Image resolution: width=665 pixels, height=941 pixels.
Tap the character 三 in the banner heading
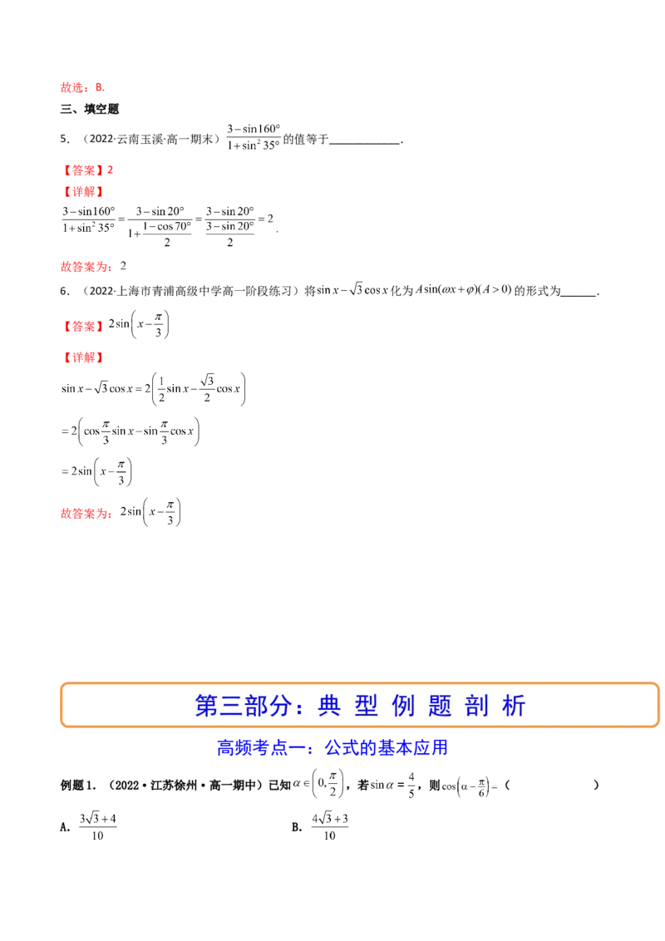pos(231,706)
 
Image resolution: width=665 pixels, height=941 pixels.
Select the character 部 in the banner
pos(256,706)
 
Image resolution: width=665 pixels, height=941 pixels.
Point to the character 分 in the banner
pos(281,706)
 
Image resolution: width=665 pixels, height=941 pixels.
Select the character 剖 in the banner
pos(477,706)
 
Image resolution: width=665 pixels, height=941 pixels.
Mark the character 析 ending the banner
pos(515,706)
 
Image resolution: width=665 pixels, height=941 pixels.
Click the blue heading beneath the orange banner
pos(332,748)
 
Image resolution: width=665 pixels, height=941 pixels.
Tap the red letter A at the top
pos(99,86)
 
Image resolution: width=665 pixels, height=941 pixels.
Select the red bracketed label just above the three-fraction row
pos(82,191)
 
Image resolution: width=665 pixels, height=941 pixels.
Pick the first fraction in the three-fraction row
pos(90,219)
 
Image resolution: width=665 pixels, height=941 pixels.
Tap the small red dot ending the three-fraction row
pos(276,229)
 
